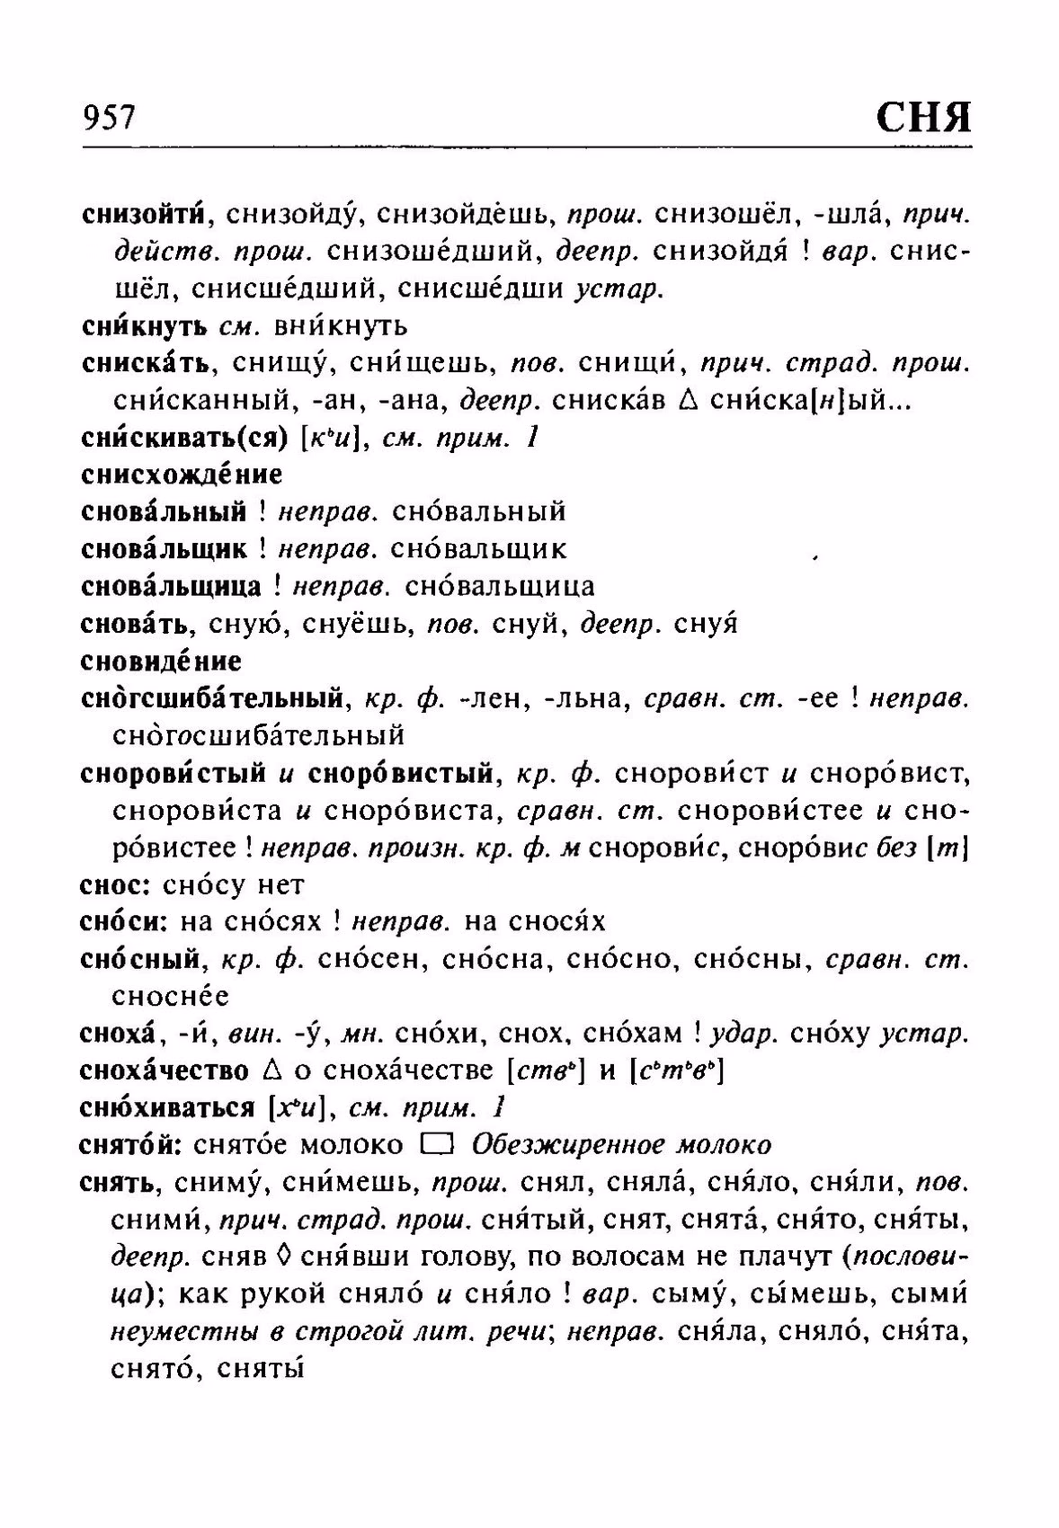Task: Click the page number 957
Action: coord(109,118)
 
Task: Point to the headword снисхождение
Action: coord(182,474)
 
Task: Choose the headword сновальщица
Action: coord(172,586)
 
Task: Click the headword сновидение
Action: coord(161,662)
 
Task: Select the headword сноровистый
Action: coord(173,773)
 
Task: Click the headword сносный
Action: coord(139,959)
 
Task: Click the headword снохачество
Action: coord(164,1071)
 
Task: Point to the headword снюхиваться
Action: coord(167,1108)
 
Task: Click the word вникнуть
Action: coord(341,325)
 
